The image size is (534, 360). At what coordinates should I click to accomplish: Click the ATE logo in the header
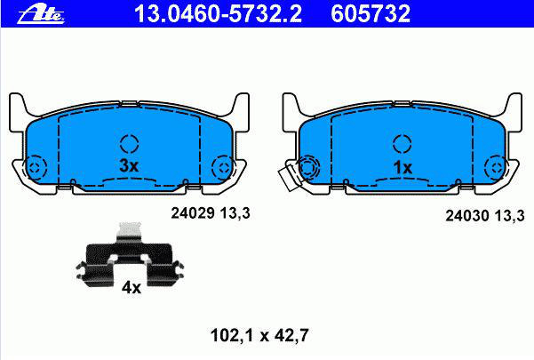coord(41,15)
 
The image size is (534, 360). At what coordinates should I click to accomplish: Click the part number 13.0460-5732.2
coord(218,14)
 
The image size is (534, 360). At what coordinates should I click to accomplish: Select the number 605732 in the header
coord(371,14)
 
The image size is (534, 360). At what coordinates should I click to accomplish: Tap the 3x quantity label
coord(129,166)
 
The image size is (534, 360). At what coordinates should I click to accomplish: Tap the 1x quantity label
coord(402,167)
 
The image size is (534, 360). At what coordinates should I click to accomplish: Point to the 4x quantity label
coord(132,288)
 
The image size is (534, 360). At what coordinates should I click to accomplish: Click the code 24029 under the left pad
coord(193,213)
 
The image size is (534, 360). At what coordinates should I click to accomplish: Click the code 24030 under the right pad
coord(467,216)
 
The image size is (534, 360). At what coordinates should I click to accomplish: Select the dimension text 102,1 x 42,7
coord(259,335)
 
